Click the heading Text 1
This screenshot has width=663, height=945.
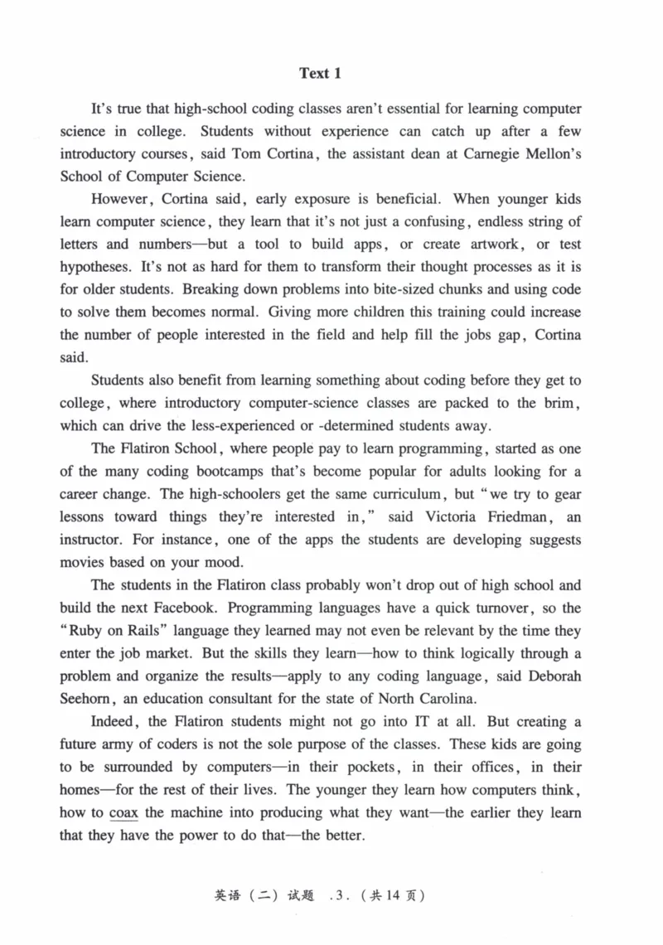click(320, 74)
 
